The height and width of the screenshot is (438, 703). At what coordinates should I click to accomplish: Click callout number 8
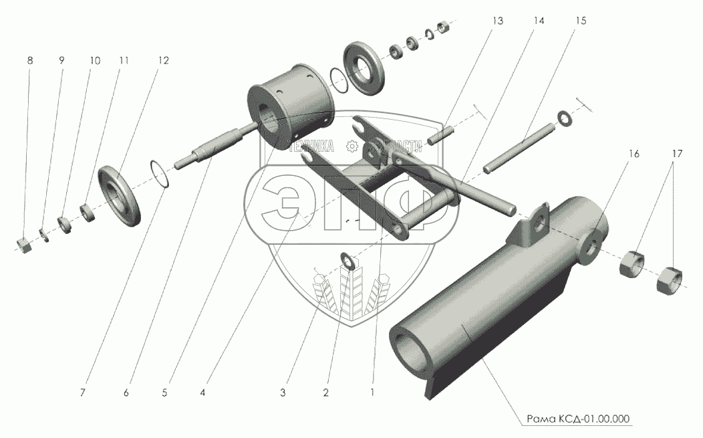click(x=29, y=60)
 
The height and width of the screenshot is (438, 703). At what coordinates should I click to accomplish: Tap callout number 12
click(x=164, y=60)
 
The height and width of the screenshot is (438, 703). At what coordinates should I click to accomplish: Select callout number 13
click(x=498, y=21)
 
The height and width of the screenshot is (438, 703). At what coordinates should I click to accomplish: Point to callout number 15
click(x=580, y=21)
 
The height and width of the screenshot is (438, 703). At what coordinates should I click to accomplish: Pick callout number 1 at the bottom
click(x=372, y=393)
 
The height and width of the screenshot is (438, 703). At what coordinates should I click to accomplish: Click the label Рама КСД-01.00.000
click(x=577, y=419)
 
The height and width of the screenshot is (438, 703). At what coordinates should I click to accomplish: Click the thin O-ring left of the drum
click(x=158, y=172)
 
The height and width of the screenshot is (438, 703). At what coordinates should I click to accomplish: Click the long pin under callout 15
click(x=521, y=144)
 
